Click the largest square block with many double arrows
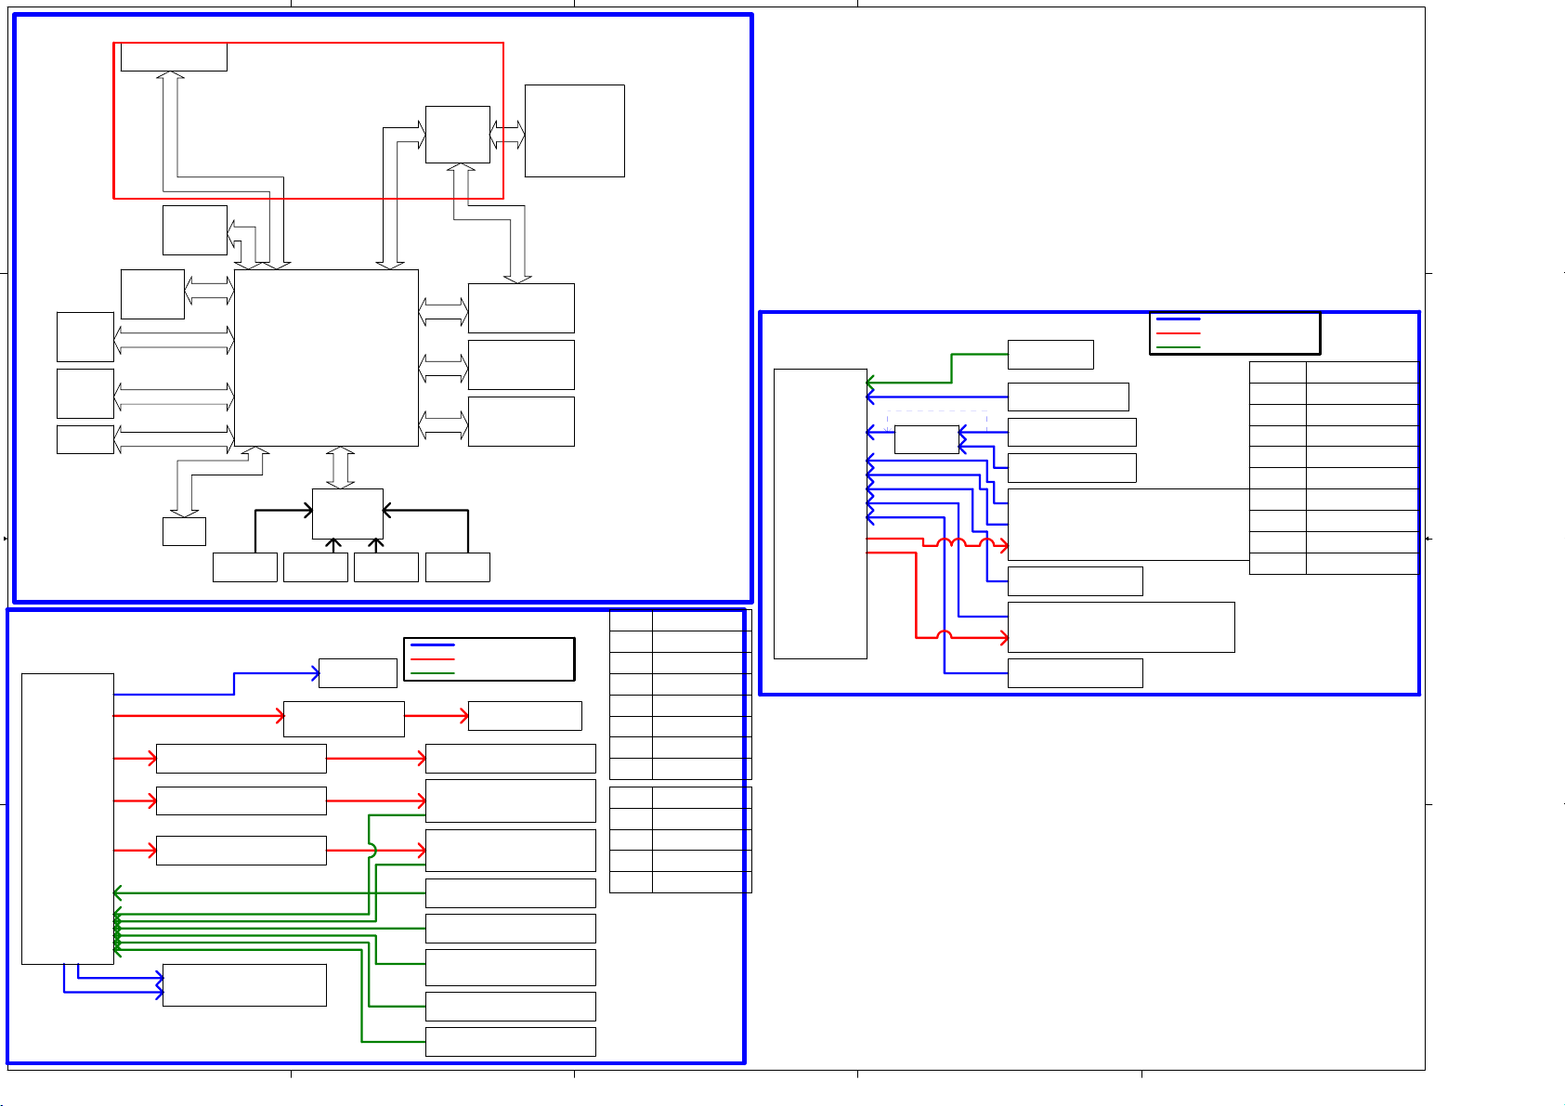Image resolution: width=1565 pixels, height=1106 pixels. point(326,358)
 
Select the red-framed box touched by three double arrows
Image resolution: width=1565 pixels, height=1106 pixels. point(457,135)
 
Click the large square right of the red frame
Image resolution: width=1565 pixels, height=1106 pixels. point(574,131)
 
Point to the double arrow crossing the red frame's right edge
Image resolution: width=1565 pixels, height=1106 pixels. point(507,135)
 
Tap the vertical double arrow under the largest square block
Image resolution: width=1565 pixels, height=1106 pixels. point(341,467)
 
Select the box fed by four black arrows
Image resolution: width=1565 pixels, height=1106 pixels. point(347,514)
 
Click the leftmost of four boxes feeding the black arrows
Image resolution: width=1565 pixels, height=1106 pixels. point(244,567)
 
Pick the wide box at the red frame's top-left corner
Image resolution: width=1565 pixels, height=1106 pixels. point(174,57)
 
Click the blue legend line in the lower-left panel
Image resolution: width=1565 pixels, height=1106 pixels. point(432,644)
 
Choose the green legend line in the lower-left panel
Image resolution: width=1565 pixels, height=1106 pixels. point(432,672)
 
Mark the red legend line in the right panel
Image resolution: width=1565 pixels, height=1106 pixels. point(1178,332)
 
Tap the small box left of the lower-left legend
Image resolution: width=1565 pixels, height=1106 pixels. point(358,673)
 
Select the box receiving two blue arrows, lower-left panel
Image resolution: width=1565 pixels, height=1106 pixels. point(244,985)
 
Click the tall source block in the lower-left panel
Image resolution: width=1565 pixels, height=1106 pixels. point(67,819)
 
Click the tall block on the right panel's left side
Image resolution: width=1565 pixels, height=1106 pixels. point(820,514)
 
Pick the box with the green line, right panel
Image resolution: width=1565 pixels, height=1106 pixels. point(1050,355)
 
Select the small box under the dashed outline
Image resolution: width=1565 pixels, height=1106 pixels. point(926,439)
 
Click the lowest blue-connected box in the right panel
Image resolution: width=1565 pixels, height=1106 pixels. point(1075,673)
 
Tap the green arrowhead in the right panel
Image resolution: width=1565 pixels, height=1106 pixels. point(870,382)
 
